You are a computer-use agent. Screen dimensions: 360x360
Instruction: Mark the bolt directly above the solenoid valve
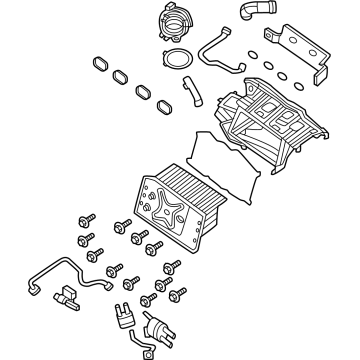(x=150, y=301)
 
